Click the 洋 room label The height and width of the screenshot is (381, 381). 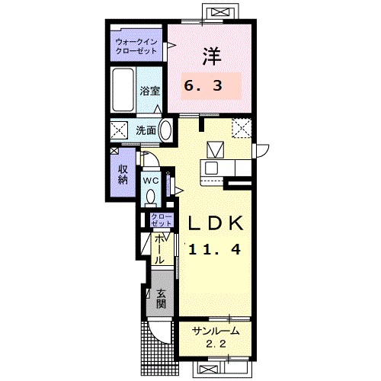pyautogui.click(x=212, y=56)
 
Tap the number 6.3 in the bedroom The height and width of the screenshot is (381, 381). pyautogui.click(x=203, y=85)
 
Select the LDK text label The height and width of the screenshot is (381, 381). pyautogui.click(x=216, y=223)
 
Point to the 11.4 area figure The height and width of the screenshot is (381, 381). pyautogui.click(x=215, y=249)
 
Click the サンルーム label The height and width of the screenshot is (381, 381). pyautogui.click(x=216, y=331)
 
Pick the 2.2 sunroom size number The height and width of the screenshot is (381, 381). pyautogui.click(x=216, y=344)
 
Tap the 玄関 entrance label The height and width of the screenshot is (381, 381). pyautogui.click(x=161, y=299)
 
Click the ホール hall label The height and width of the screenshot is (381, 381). pyautogui.click(x=159, y=249)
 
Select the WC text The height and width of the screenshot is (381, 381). pyautogui.click(x=151, y=181)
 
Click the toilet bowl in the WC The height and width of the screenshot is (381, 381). pyautogui.click(x=151, y=197)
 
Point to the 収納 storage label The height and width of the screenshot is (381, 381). pyautogui.click(x=123, y=174)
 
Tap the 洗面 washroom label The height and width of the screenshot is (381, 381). pyautogui.click(x=146, y=130)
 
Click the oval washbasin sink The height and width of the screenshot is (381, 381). pyautogui.click(x=165, y=130)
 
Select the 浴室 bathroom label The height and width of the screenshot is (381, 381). pyautogui.click(x=150, y=91)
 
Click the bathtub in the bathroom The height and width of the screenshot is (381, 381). pyautogui.click(x=123, y=89)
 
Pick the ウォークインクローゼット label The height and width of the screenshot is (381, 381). pyautogui.click(x=136, y=46)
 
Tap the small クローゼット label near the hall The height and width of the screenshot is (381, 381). pyautogui.click(x=162, y=220)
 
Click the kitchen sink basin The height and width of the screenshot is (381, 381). pyautogui.click(x=211, y=168)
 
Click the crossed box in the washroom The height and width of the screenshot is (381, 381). pyautogui.click(x=119, y=130)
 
